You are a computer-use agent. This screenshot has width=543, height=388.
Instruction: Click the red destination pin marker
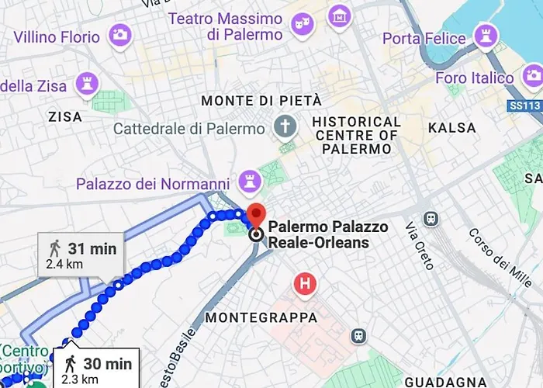tap(256, 215)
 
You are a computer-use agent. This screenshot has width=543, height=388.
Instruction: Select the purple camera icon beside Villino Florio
tap(120, 34)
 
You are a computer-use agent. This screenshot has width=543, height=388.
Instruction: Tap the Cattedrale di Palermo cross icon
tap(286, 125)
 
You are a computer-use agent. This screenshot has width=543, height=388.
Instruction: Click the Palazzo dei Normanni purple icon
tap(249, 179)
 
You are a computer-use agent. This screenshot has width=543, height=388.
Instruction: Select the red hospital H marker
tap(305, 284)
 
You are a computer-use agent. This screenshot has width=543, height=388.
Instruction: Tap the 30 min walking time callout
tap(96, 369)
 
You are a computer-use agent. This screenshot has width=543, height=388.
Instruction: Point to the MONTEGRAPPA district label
tap(261, 318)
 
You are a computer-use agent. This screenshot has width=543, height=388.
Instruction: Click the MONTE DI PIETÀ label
tap(261, 101)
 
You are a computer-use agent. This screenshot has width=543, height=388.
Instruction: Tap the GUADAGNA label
tap(445, 382)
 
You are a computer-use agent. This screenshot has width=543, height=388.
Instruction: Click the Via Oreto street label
tap(420, 245)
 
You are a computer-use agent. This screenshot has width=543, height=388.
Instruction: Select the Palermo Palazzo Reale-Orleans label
tap(318, 236)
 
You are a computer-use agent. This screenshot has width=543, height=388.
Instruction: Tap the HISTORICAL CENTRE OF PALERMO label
tap(356, 134)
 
